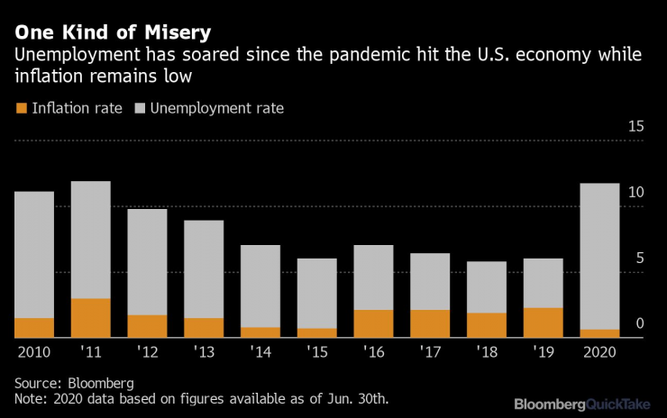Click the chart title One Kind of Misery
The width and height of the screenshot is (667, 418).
[112, 32]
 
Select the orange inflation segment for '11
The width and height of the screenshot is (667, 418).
[90, 318]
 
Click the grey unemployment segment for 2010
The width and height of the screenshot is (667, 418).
[34, 254]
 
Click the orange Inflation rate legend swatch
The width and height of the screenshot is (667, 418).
[22, 109]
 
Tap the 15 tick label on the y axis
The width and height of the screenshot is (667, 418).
[635, 126]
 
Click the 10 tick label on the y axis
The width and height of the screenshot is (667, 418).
[635, 193]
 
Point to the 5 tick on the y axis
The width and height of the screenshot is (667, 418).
[639, 259]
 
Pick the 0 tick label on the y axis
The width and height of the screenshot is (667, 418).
[639, 324]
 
